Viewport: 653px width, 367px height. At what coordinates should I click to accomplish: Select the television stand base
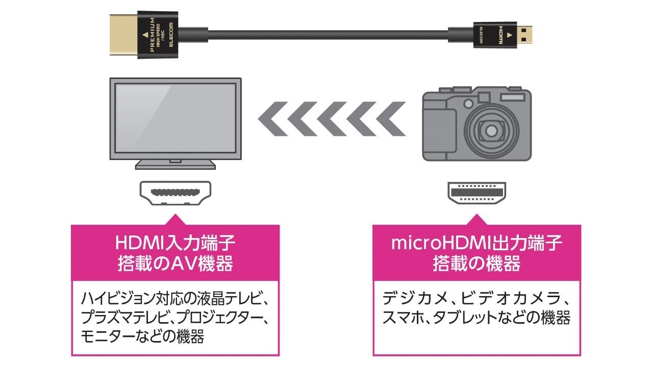pos(175,164)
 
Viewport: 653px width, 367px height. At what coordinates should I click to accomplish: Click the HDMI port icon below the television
pos(175,193)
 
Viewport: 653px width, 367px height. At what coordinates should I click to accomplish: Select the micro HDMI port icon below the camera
pos(476,193)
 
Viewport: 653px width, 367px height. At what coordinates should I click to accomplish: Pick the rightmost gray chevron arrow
pos(392,119)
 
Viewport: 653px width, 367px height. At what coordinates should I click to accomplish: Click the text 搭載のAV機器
pos(175,264)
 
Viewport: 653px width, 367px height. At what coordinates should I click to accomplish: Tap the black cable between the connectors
pos(326,36)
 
